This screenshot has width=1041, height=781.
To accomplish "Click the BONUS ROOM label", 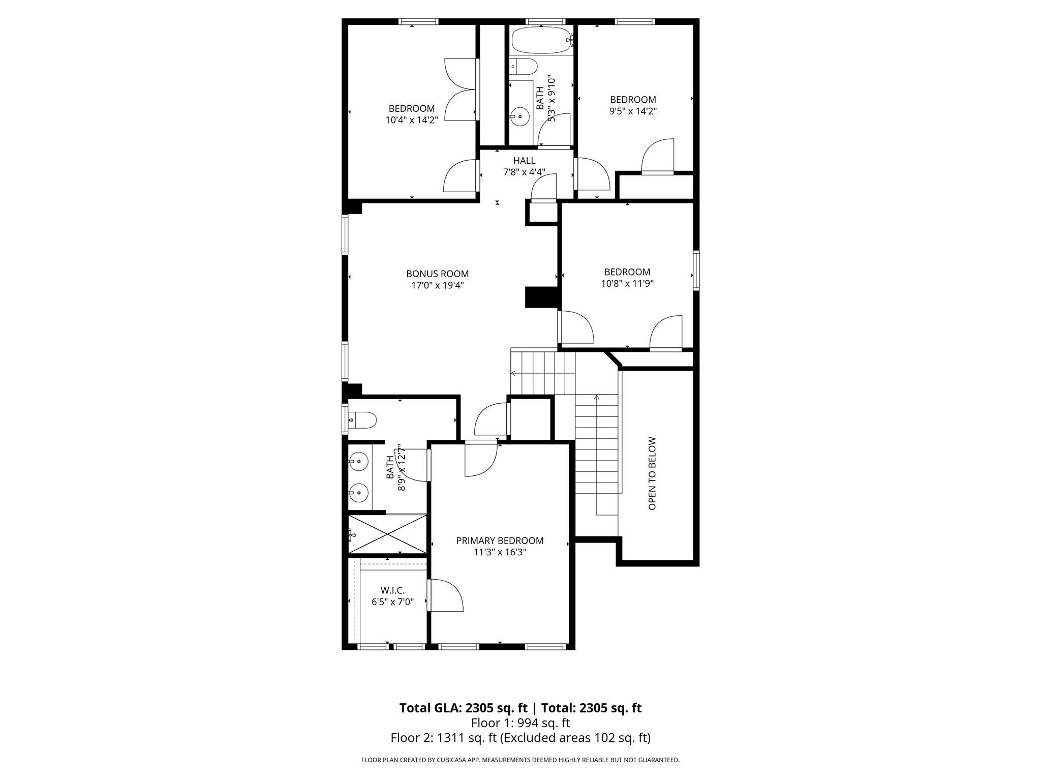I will pos(437,274).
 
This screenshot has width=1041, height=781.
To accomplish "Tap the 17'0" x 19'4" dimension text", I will pos(437,286).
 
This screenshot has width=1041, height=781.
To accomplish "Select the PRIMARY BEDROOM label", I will pos(500,540).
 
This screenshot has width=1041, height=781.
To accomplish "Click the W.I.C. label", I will pos(392,590).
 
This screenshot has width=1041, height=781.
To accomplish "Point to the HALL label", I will pos(524,161).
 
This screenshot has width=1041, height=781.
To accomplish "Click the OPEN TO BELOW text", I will pos(653,473).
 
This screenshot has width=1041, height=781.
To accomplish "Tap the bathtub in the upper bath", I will pos(541,40).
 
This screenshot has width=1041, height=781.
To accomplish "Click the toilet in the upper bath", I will pos(524,67).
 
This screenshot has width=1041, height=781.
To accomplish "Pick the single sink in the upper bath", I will pos(519,117).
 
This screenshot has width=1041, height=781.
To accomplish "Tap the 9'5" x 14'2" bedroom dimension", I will pos(633,111).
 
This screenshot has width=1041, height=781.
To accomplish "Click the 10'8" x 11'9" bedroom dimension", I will pos(627,284).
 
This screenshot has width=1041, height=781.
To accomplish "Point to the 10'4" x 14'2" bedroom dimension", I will pos(411,121).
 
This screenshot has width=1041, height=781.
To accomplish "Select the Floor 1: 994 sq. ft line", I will pos(520,723).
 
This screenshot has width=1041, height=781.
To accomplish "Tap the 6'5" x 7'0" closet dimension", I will pos(392,602).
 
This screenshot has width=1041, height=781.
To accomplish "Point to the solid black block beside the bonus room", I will pos(542,297).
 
